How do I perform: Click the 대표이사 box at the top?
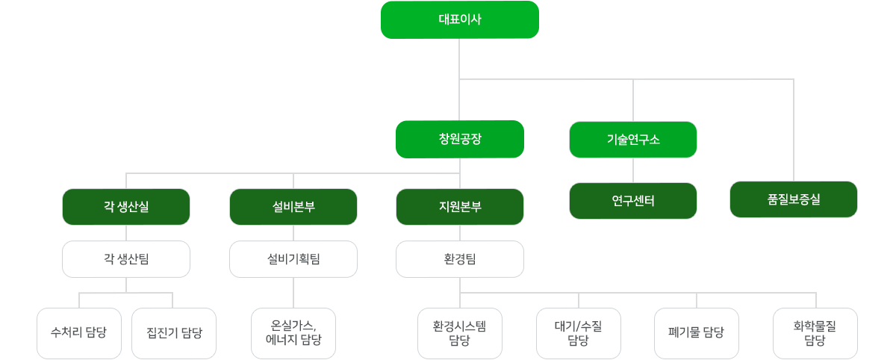(459, 20)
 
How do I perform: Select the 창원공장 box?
(459, 139)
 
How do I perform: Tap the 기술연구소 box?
(633, 139)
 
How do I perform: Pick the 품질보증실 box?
(793, 199)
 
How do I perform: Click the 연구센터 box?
(633, 199)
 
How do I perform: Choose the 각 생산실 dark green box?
(125, 207)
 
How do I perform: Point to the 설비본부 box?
(293, 207)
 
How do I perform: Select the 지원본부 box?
(459, 207)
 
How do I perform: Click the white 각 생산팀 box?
(125, 259)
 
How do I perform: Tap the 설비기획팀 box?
(293, 259)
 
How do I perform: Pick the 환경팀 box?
(459, 259)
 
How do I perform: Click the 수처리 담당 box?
(78, 332)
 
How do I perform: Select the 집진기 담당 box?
(173, 332)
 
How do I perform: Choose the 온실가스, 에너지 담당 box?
(293, 332)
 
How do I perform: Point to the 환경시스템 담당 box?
(459, 332)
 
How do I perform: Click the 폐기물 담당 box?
(697, 332)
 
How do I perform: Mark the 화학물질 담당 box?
(815, 332)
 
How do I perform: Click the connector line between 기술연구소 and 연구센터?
(633, 170)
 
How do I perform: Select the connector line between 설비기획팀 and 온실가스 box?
(293, 293)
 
